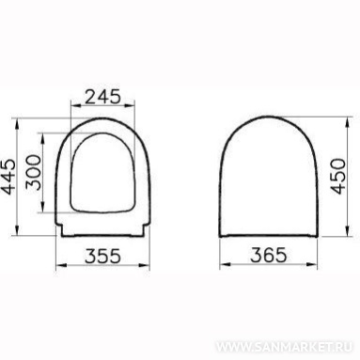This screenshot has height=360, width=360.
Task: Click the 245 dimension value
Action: pos(102,96)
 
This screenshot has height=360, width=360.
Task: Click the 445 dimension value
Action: pos(8,177)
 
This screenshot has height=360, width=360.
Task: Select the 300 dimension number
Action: pos(33,172)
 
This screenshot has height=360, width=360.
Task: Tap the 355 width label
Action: pos(102,256)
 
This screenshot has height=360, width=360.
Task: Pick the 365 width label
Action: pos(269,255)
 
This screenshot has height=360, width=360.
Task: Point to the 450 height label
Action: pos(338,176)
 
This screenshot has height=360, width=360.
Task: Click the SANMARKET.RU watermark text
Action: pos(284,347)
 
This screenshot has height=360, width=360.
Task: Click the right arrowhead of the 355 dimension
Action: pos(145,266)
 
